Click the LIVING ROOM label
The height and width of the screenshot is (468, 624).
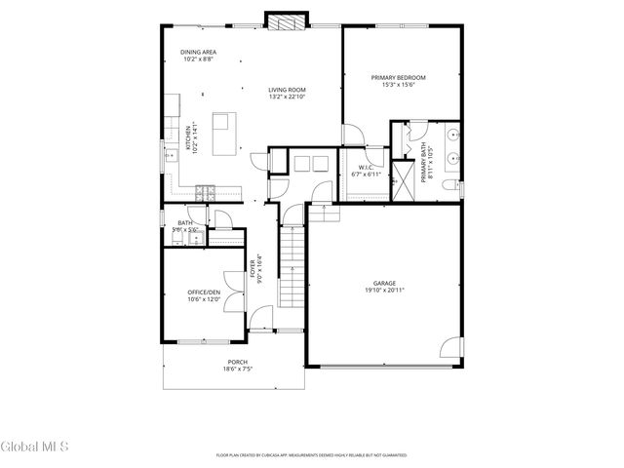(x=288, y=90)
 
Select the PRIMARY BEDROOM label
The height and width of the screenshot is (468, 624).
(x=398, y=77)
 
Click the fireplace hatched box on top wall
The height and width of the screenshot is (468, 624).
(x=287, y=22)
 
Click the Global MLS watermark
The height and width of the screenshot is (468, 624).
(x=35, y=448)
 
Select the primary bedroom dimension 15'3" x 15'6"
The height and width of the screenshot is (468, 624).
(x=398, y=85)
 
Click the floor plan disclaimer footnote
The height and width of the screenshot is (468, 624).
(x=311, y=454)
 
